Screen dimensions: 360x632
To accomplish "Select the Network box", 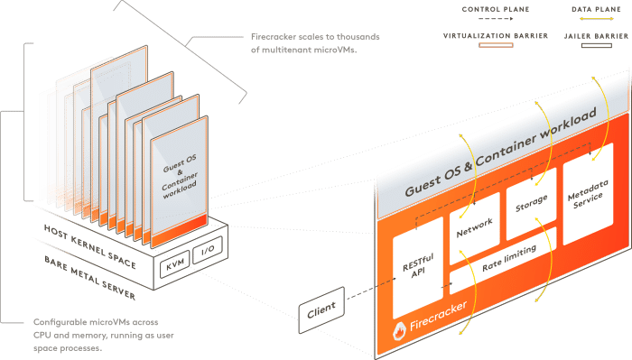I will point(474,229).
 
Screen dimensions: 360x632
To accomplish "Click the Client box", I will point(321,309).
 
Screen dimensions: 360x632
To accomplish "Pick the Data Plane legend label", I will point(595,9).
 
